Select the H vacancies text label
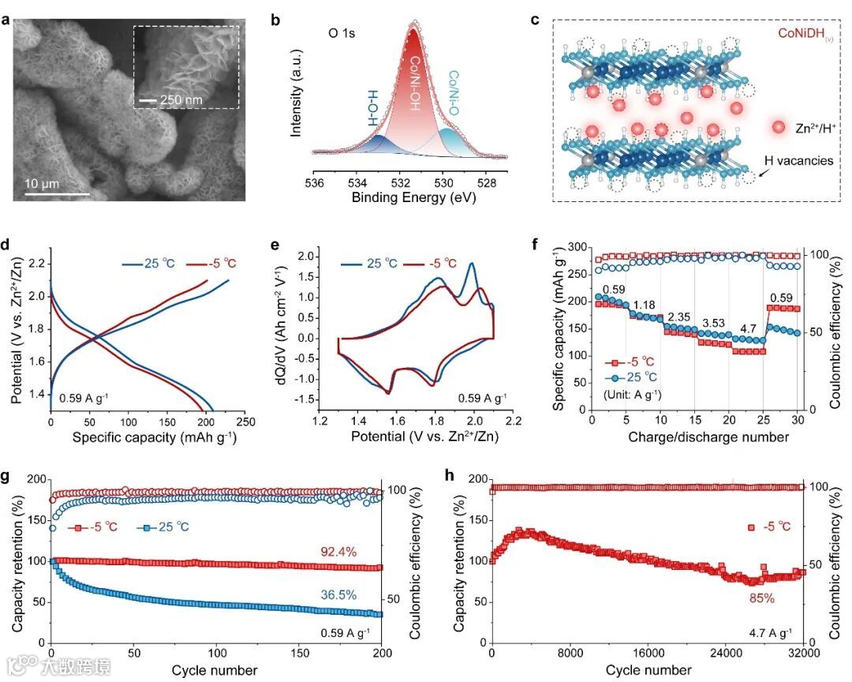[x=798, y=160]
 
